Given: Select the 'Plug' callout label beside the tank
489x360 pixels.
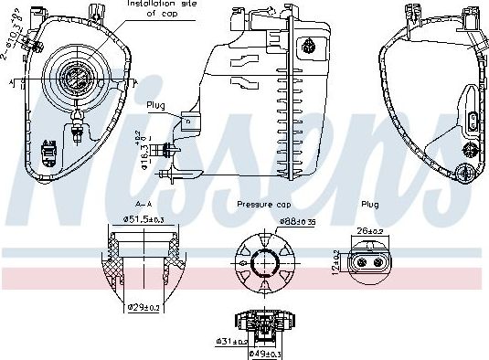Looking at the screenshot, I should coord(155,105).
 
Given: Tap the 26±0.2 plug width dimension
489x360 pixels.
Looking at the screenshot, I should coord(372,231).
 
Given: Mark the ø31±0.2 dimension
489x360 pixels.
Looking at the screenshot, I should coord(232,342).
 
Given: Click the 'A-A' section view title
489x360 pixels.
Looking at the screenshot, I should coord(144,205).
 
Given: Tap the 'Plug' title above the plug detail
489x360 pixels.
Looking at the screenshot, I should coord(370,205).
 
